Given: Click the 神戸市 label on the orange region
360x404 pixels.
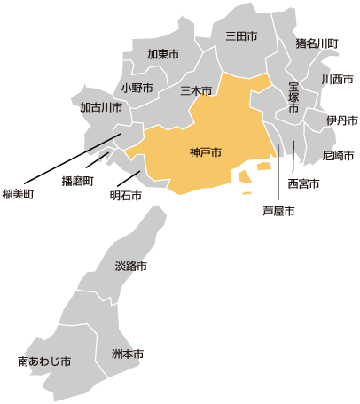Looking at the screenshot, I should tap(205, 152).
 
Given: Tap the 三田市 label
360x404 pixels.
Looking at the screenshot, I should tap(241, 37).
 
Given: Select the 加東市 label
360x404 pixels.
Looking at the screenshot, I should tap(163, 55).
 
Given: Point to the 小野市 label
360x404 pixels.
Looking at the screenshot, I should tap(137, 89).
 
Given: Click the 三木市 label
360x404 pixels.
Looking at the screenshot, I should tap(195, 90).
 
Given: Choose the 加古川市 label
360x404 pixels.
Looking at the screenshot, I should tap(100, 108).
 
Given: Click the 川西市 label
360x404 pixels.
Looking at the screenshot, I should tap(337, 80).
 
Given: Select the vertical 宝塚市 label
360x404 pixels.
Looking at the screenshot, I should tap(293, 97).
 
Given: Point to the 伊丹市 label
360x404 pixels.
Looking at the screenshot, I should tap(341, 120).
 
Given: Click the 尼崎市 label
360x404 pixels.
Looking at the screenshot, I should tap(338, 156).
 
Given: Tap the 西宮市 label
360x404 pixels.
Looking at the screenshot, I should tap(304, 183).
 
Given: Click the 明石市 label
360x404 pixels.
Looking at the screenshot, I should tap(125, 196).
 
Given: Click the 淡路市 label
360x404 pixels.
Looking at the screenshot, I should tap(131, 266).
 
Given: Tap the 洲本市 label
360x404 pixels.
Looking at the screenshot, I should tap(128, 354).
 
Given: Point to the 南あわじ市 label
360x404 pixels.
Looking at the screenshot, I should tap(44, 361).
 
